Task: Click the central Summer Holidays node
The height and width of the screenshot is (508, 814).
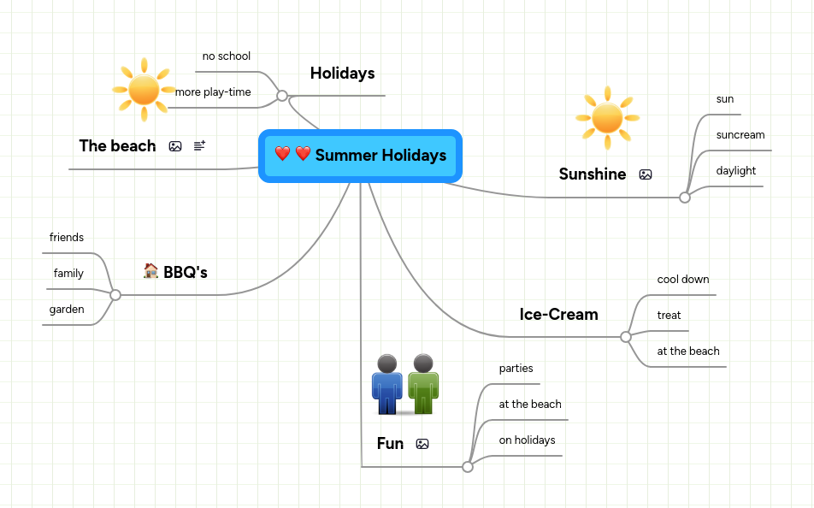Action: (x=360, y=156)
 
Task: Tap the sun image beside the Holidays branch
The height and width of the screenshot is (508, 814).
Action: (x=144, y=89)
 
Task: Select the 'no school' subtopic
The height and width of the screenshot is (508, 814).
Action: (x=227, y=56)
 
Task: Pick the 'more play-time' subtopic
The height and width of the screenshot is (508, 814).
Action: (x=214, y=92)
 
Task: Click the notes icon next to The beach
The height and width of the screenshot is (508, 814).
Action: (x=199, y=146)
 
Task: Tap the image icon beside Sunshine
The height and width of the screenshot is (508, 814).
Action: (x=646, y=174)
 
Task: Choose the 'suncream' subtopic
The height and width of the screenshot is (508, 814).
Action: (x=740, y=135)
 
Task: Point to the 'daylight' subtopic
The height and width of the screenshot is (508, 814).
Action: (x=736, y=171)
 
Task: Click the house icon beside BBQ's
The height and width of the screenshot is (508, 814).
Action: (x=151, y=271)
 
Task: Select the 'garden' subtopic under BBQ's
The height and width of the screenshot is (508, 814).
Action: (x=67, y=310)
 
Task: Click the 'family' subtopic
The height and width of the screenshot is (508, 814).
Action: (x=68, y=274)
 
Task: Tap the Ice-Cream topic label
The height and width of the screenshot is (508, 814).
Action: (x=558, y=315)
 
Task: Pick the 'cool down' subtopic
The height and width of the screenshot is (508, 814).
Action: (x=683, y=280)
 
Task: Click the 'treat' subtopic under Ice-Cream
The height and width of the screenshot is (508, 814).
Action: (x=669, y=316)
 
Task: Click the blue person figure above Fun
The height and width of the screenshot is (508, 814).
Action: (x=386, y=384)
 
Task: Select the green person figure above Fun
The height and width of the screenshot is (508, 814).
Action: (x=423, y=384)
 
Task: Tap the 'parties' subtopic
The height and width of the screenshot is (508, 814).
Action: (x=516, y=369)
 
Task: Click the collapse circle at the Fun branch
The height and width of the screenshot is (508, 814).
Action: (x=467, y=467)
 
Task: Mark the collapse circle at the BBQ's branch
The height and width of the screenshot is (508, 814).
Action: (x=115, y=295)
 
